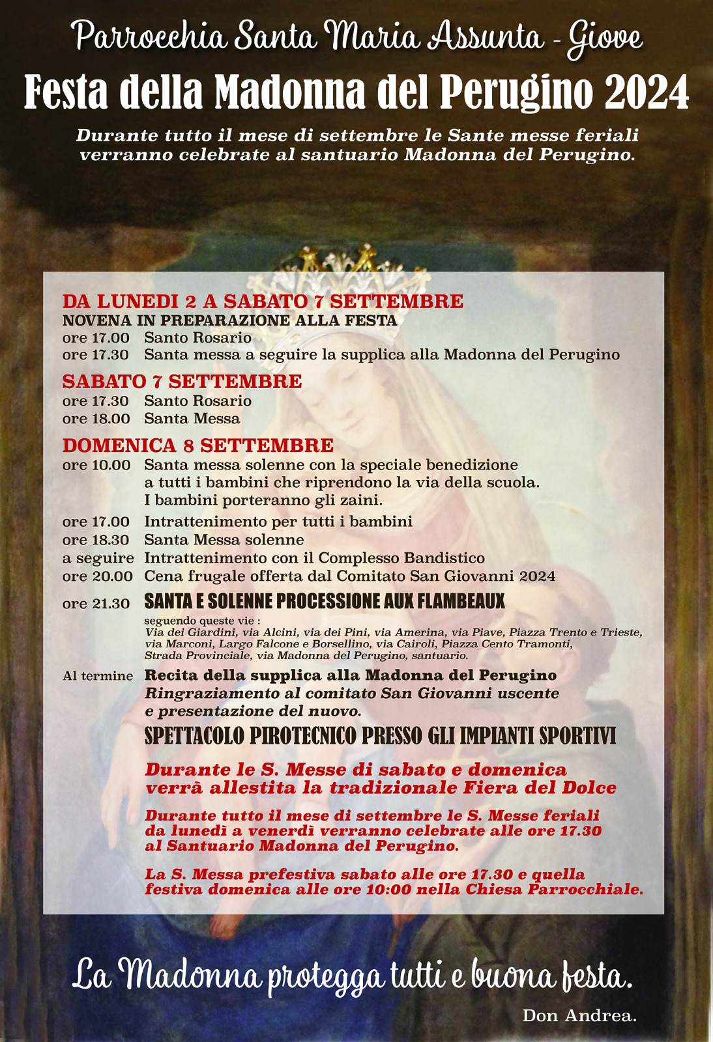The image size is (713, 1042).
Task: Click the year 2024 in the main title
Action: click(647, 93)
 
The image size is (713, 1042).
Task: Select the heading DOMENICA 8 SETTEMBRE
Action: click(198, 445)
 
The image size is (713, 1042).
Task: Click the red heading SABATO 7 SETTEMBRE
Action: click(182, 382)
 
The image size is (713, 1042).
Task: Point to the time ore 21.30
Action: click(96, 604)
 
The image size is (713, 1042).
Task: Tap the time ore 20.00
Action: click(97, 576)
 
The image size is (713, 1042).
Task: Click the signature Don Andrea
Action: click(579, 1015)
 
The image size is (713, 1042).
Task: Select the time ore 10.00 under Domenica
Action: click(96, 465)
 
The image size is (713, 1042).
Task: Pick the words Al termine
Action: click(98, 676)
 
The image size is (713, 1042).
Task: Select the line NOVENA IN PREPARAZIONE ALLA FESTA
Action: click(230, 320)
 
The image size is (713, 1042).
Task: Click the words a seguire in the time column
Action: click(98, 558)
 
